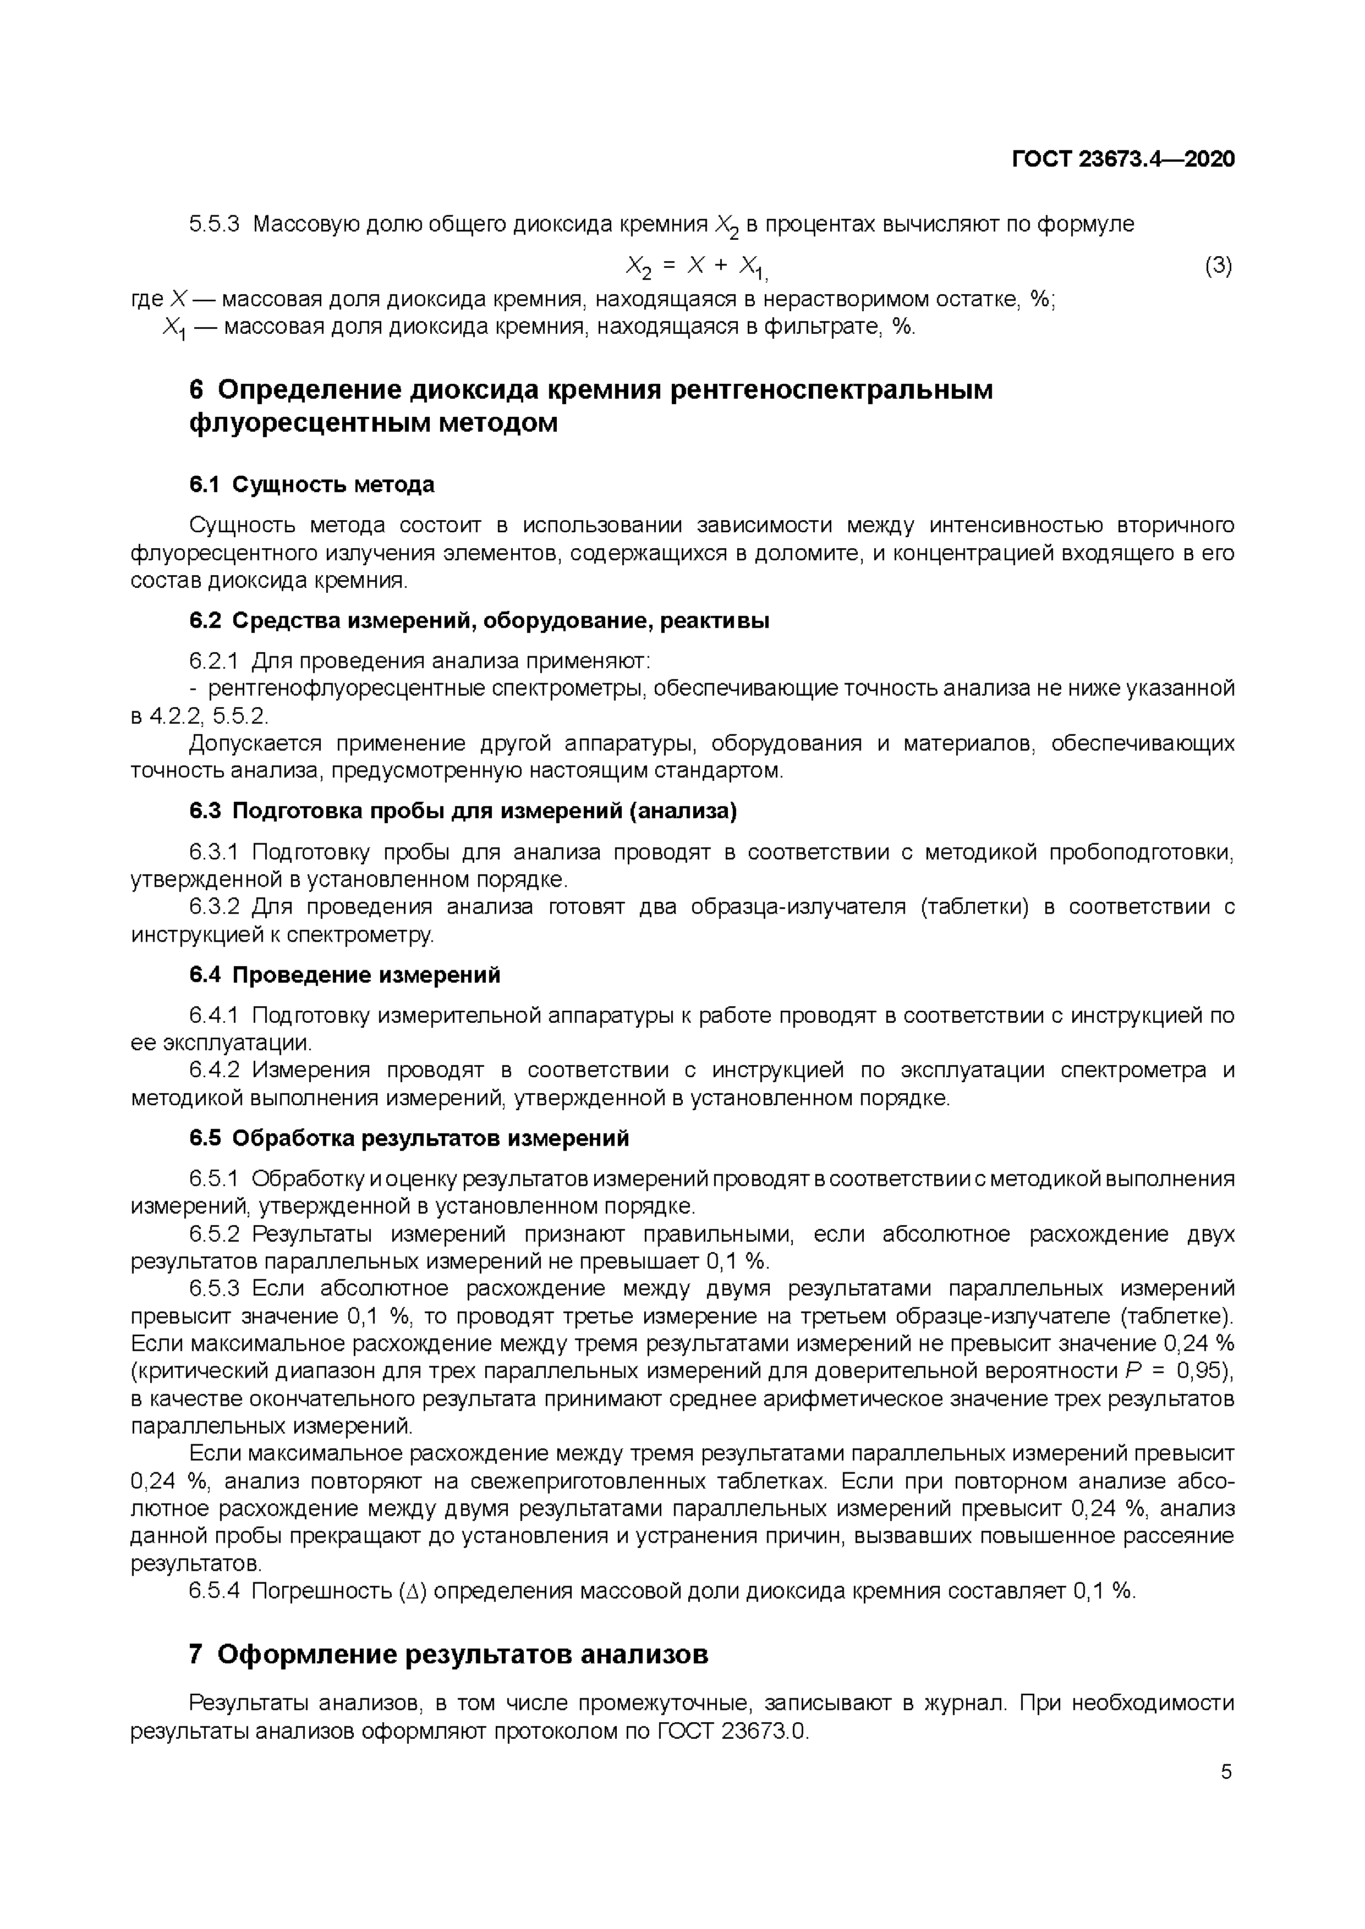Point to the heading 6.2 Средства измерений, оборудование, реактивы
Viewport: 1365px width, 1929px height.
coord(479,621)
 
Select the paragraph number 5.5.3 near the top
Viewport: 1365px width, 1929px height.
coord(215,224)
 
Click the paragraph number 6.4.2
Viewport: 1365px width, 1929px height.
coord(215,1071)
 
